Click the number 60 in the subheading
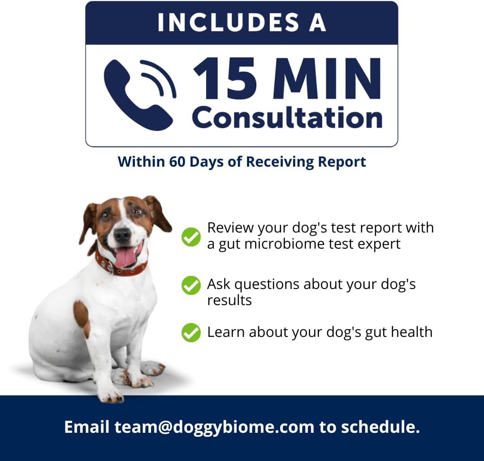tap(177, 162)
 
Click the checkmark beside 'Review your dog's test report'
tap(191, 237)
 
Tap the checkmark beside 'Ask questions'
tap(191, 285)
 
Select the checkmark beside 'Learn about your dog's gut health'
tap(191, 332)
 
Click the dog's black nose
tap(122, 235)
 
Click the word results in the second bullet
tap(229, 300)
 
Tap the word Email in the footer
tap(87, 427)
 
